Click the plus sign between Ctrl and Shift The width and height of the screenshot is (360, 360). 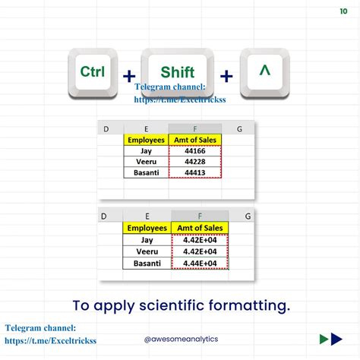130,76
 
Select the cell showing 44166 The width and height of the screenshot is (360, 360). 196,151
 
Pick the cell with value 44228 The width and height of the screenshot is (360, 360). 196,162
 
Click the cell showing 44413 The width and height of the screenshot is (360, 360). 196,173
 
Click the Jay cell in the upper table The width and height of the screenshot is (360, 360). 146,151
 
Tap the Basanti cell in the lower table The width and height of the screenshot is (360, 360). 147,263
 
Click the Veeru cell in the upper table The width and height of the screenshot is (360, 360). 146,162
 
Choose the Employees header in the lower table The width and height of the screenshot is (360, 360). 147,229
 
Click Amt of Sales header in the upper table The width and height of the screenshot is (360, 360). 196,140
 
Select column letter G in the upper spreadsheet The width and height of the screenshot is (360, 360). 239,129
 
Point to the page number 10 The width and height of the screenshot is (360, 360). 344,11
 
